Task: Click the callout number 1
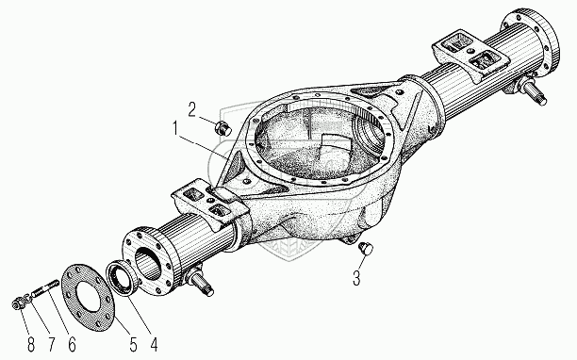[175, 129]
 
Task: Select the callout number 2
[192, 109]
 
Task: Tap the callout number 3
[356, 278]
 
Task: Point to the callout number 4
[154, 344]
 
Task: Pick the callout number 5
[133, 344]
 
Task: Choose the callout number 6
[72, 344]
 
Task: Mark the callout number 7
[52, 344]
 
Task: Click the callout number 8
[31, 344]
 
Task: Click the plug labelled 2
[223, 128]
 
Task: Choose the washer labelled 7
[26, 298]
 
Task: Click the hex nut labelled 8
[17, 303]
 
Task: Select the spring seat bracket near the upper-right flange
[470, 56]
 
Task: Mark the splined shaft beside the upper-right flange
[533, 92]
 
